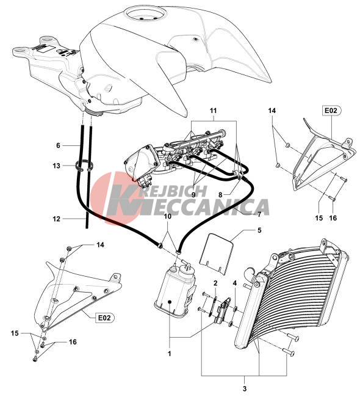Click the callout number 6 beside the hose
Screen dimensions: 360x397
58,145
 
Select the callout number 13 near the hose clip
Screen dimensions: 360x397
56,166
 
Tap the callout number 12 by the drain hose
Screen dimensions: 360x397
56,219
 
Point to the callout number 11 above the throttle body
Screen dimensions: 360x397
214,111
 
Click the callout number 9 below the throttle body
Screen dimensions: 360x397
193,194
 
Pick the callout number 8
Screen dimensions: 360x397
220,195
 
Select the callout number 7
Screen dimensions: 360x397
259,214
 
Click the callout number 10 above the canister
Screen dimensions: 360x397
167,216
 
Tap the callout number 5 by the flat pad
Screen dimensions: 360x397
259,230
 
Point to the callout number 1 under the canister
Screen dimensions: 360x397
170,354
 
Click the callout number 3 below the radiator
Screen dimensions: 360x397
245,388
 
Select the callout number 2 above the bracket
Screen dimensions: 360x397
215,283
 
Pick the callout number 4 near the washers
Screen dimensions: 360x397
235,283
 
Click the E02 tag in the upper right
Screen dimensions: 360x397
332,111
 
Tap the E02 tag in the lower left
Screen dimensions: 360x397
105,318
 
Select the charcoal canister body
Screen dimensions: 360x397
175,291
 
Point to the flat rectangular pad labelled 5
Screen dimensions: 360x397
217,253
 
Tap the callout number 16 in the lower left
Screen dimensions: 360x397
73,342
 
